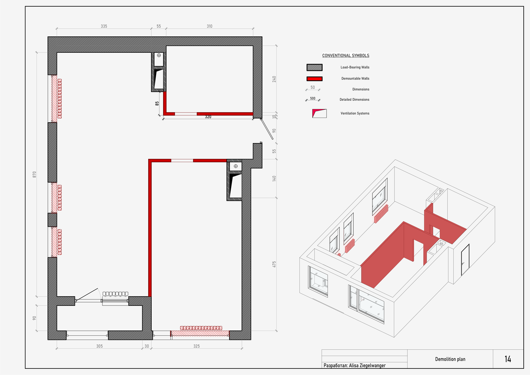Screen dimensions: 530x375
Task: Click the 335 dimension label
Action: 104,26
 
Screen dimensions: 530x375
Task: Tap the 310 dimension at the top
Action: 209,26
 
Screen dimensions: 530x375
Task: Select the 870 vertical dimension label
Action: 35,174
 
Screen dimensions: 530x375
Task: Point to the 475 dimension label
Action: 274,265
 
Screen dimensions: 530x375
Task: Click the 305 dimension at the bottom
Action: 99,346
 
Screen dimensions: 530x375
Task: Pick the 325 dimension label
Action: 196,346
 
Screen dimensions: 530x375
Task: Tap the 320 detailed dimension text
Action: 208,117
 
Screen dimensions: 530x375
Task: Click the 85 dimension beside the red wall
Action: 157,103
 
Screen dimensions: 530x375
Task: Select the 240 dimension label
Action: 274,79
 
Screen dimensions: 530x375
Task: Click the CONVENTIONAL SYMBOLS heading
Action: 345,56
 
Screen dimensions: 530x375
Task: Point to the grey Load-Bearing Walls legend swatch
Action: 314,67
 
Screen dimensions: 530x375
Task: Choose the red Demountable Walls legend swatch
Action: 314,78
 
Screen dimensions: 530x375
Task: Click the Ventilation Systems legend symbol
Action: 319,114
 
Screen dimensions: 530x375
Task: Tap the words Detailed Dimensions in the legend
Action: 354,100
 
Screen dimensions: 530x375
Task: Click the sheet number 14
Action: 508,359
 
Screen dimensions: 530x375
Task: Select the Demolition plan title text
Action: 450,359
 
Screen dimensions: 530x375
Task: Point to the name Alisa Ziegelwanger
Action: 367,366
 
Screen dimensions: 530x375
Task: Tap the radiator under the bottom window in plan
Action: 201,328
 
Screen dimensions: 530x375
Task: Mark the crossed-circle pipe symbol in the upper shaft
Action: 159,55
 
